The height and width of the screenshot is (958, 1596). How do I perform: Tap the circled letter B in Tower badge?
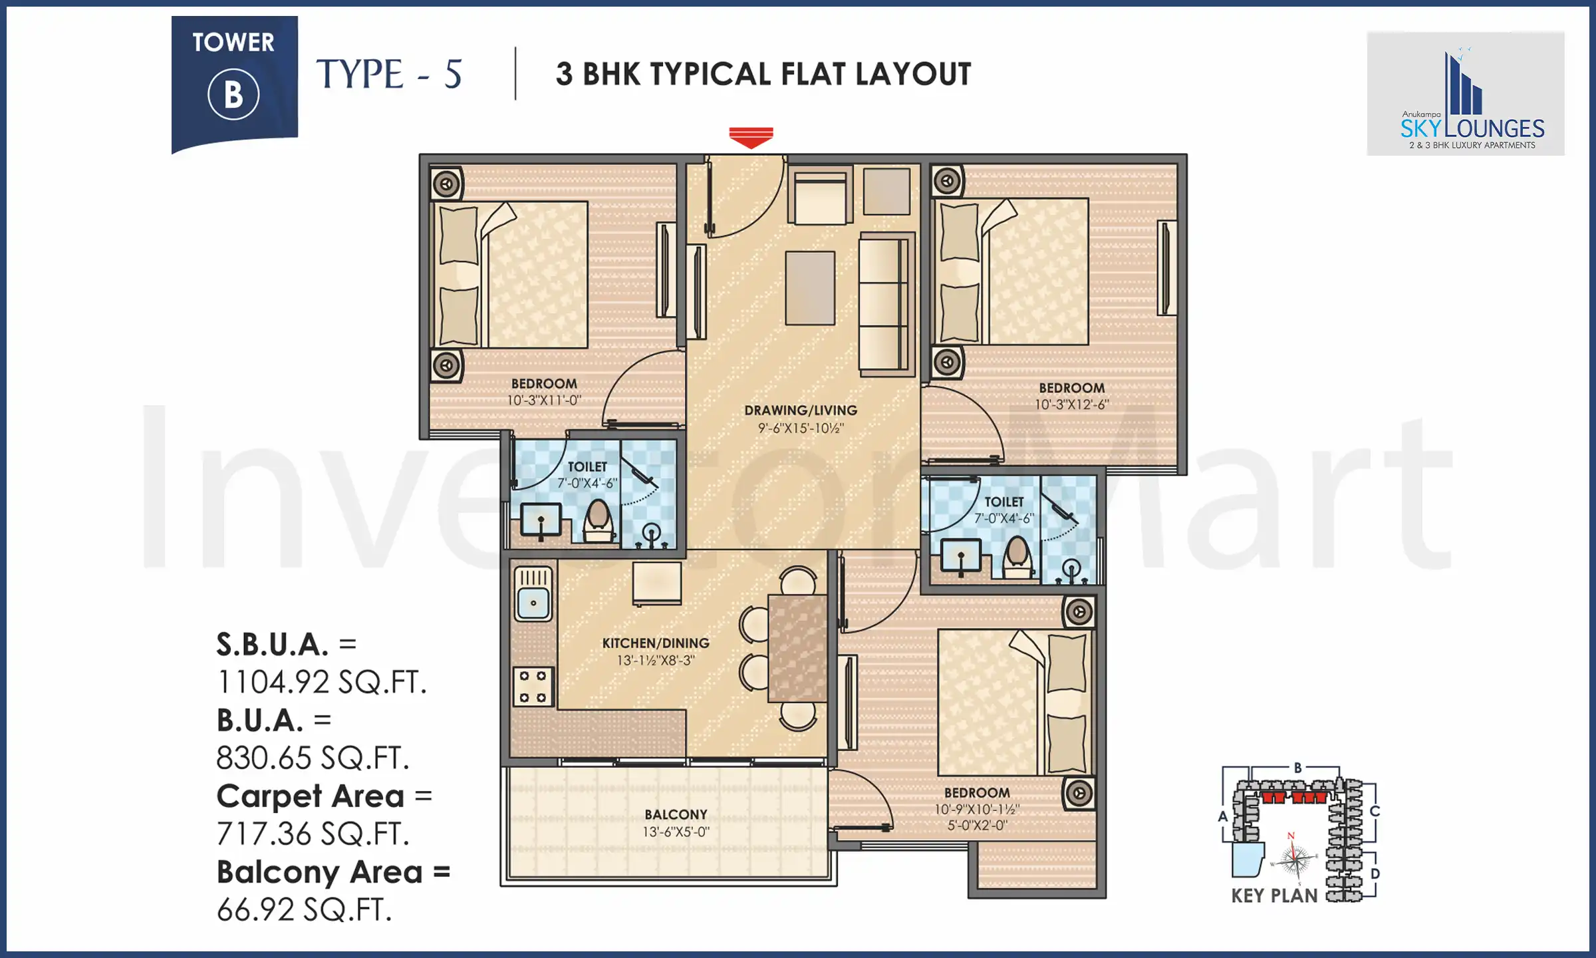pyautogui.click(x=233, y=95)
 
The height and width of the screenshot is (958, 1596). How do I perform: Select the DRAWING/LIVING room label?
pyautogui.click(x=801, y=410)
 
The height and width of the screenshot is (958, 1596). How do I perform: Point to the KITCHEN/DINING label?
pyautogui.click(x=656, y=643)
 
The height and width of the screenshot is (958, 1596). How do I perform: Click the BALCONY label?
pyautogui.click(x=676, y=815)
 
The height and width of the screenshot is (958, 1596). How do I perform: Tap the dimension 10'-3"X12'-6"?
pyautogui.click(x=1071, y=404)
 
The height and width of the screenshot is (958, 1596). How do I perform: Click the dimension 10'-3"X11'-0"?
pyautogui.click(x=544, y=400)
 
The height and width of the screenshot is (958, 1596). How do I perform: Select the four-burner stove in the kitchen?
pyautogui.click(x=533, y=687)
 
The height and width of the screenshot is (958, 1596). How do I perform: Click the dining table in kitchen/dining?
pyautogui.click(x=797, y=649)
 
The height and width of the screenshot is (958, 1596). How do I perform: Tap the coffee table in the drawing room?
pyautogui.click(x=810, y=288)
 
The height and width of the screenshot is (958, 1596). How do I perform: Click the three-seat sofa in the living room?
pyautogui.click(x=884, y=304)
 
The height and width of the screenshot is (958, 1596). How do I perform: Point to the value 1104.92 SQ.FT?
pyautogui.click(x=321, y=683)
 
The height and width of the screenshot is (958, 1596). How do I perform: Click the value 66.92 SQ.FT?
pyautogui.click(x=304, y=910)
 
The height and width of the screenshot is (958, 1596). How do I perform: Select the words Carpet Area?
pyautogui.click(x=310, y=796)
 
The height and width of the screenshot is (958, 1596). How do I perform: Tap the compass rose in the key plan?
pyautogui.click(x=1293, y=860)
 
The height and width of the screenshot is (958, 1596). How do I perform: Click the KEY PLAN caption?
pyautogui.click(x=1273, y=896)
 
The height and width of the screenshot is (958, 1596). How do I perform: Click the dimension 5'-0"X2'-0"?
pyautogui.click(x=977, y=826)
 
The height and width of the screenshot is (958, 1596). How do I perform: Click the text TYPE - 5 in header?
pyautogui.click(x=389, y=74)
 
